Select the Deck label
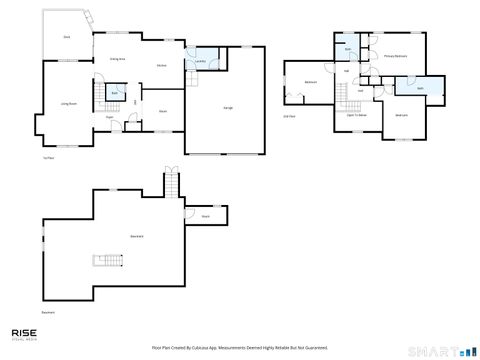coord(67,37)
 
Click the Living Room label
coord(69,103)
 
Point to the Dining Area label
coord(117,59)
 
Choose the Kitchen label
coord(160,66)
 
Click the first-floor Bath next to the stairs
coord(115,93)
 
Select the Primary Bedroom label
coord(395,56)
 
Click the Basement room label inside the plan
coord(136,235)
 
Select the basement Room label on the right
coord(205,215)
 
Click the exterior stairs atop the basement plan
coord(170,184)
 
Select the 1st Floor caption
coord(47,158)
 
